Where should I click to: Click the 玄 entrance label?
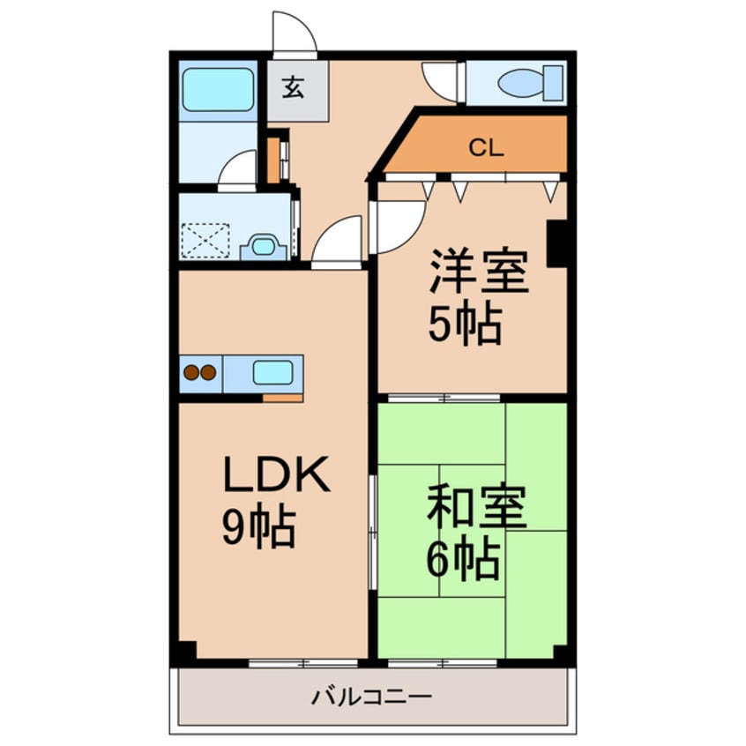click(294, 87)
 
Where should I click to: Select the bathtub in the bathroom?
click(217, 90)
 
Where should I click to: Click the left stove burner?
click(191, 373)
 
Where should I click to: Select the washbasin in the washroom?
click(262, 246)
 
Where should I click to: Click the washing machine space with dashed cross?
click(205, 240)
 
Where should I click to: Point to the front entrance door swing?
click(294, 34)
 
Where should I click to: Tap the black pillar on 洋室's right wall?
click(556, 242)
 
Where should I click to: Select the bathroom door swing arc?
click(239, 171)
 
